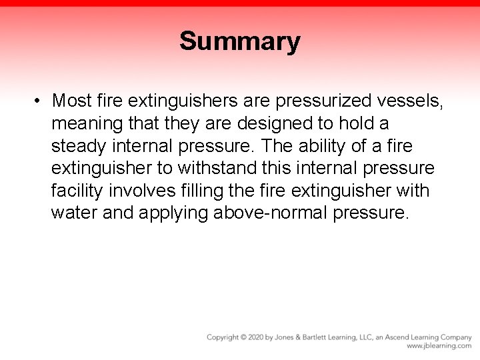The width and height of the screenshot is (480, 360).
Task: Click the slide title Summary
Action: pos(239,41)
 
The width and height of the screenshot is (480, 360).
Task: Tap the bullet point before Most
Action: pos(39,101)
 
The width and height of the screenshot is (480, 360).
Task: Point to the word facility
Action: pos(76,191)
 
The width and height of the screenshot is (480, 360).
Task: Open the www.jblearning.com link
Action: pos(439,346)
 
